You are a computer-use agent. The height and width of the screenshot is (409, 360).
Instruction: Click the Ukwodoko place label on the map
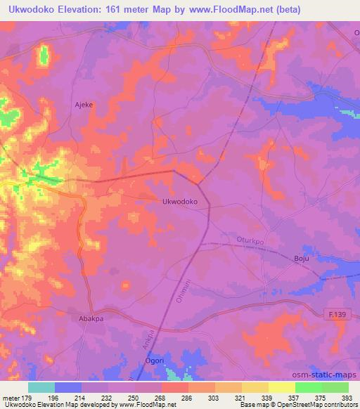pos(179,201)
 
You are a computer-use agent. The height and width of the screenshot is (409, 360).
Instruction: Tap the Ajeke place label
pos(84,104)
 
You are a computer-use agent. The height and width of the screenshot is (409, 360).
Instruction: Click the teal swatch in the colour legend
pos(41,387)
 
